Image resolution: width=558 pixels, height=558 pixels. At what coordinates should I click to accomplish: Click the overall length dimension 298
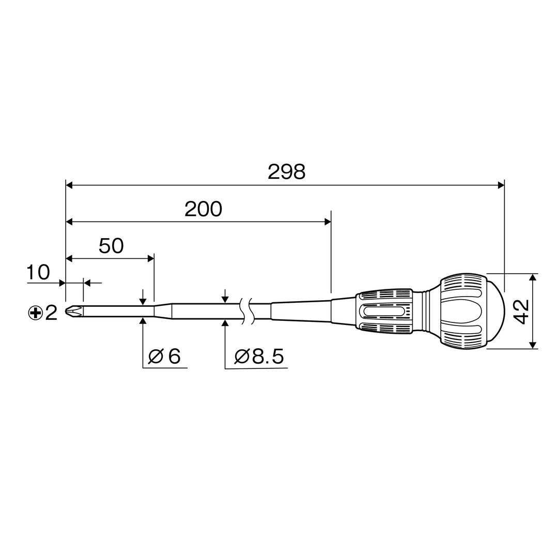(x=286, y=172)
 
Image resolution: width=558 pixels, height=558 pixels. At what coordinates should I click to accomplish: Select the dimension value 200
(x=203, y=209)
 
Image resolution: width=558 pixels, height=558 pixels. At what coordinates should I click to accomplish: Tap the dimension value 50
(x=111, y=245)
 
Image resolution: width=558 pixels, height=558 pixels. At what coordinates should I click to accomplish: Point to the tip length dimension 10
(x=38, y=273)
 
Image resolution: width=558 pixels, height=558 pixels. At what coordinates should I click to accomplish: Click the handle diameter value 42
(x=522, y=312)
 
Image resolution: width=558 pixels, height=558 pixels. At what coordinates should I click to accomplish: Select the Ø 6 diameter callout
(x=164, y=356)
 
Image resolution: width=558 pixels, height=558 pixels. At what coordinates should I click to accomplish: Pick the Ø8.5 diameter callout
(x=259, y=356)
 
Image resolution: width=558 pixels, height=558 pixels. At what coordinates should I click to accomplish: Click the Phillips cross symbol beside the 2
(x=36, y=313)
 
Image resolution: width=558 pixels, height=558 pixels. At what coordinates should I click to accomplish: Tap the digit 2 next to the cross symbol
(x=51, y=313)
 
